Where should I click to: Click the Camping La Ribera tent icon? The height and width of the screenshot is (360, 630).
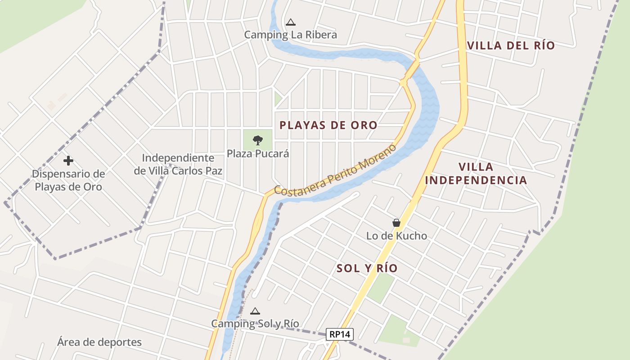tap(291, 22)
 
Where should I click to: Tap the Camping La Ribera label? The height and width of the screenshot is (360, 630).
tap(290, 35)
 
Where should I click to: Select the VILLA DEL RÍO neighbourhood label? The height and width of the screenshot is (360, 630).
tap(511, 45)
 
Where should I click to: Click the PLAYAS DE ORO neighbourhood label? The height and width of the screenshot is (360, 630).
tap(328, 125)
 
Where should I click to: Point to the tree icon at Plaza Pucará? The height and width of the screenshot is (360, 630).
tap(257, 140)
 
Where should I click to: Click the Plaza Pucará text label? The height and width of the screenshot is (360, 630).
tap(257, 153)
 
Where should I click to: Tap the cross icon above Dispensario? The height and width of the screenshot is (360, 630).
tap(68, 160)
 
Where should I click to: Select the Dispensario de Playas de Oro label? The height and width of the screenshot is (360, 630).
tap(68, 180)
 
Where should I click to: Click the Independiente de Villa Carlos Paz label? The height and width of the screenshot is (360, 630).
tap(178, 164)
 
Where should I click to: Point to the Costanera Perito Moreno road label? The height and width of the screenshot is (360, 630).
tap(335, 170)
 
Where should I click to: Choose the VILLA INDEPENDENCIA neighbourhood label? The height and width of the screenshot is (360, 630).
tap(476, 174)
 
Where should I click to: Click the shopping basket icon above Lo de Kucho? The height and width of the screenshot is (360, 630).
tap(396, 223)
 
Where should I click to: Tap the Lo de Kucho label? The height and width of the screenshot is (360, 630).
tap(396, 236)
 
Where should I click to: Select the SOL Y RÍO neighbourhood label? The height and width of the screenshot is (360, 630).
tap(367, 268)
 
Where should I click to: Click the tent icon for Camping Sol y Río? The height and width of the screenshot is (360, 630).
tap(255, 311)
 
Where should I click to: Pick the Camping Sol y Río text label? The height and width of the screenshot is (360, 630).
tap(255, 324)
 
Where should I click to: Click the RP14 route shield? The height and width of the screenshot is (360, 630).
tap(340, 334)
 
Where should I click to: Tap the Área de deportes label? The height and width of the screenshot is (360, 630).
tap(99, 342)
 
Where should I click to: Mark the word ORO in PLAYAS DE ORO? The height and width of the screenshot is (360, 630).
tap(362, 125)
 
